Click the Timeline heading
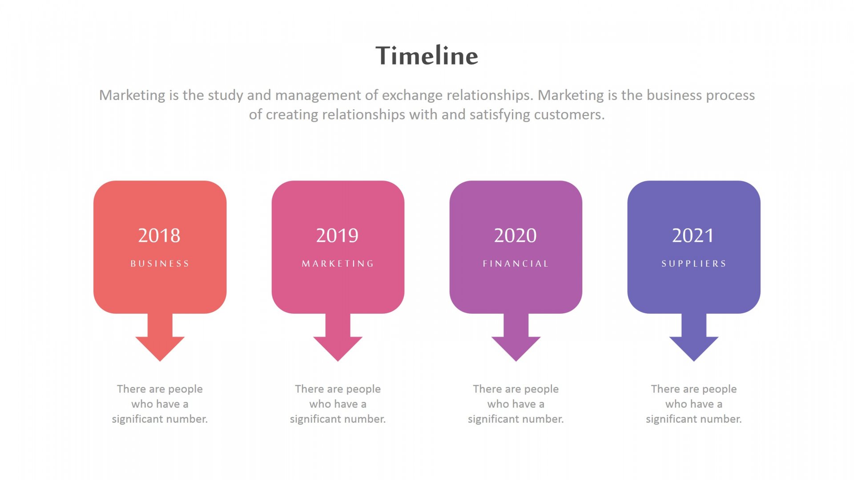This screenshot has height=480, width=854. click(427, 56)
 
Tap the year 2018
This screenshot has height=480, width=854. click(159, 235)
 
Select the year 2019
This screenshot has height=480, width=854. click(337, 235)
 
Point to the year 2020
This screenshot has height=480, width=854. click(516, 235)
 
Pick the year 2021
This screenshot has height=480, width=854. click(693, 235)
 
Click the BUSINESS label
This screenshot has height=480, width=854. click(160, 264)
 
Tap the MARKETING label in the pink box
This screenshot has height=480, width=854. click(338, 264)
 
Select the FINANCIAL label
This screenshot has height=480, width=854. click(516, 264)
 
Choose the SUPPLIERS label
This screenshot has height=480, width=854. click(694, 264)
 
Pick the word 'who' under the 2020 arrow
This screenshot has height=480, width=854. click(498, 404)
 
